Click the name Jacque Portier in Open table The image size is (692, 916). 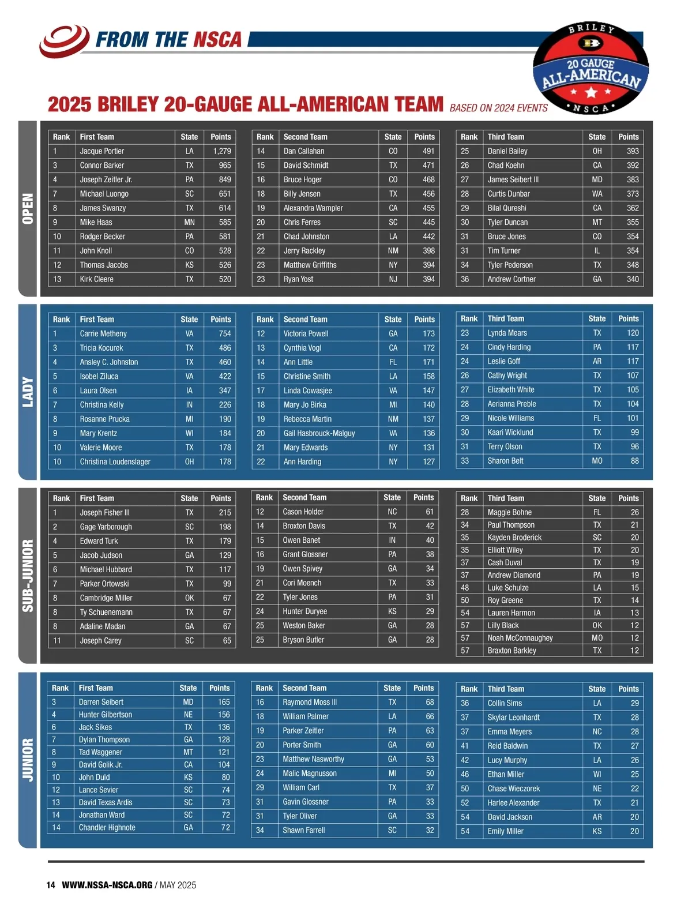tap(102, 151)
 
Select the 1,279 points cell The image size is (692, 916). tap(221, 151)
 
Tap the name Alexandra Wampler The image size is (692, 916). tap(313, 208)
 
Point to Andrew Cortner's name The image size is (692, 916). tap(512, 279)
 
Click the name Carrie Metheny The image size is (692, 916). tap(103, 333)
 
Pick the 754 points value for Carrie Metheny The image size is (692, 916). tap(224, 333)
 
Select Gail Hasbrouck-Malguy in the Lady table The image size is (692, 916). tap(319, 433)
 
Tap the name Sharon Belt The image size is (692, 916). tap(505, 461)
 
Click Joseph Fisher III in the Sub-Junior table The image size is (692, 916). tap(104, 512)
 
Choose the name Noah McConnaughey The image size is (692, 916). tap(520, 638)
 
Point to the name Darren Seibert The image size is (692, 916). tap(101, 702)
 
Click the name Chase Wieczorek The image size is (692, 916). tap(513, 789)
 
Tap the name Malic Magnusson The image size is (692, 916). tap(309, 774)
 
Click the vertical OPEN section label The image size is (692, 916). tap(28, 208)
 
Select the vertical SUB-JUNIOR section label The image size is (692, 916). tap(28, 575)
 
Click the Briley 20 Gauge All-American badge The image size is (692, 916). tap(591, 69)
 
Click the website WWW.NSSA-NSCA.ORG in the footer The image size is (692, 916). tap(107, 885)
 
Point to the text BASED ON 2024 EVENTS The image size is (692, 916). tap(498, 108)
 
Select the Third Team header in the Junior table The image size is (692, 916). tap(506, 689)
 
